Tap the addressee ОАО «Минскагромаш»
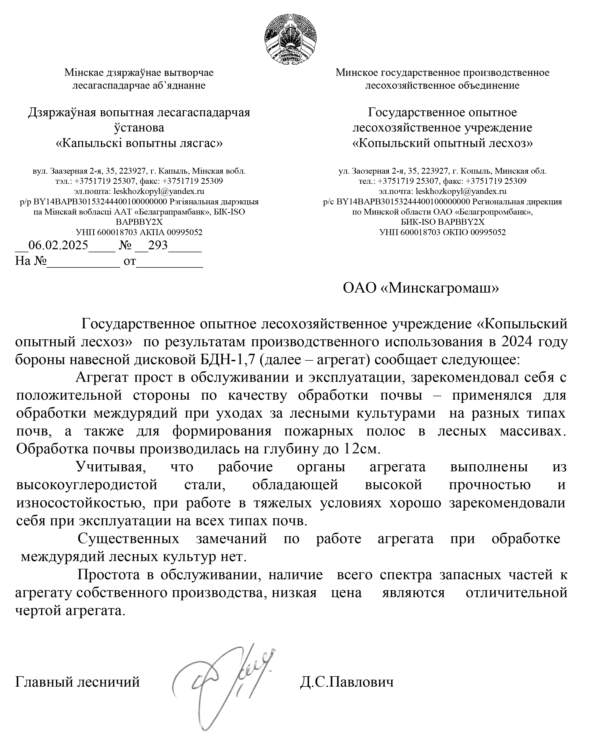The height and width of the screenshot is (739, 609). pos(421,288)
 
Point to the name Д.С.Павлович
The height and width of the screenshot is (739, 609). pos(347,682)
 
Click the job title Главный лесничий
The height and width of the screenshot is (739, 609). pos(78,682)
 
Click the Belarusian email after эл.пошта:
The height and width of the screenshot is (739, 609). pos(159,191)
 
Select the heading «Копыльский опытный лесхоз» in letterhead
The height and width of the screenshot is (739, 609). pos(442,143)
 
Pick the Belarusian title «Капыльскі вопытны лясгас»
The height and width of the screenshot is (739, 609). pos(139,143)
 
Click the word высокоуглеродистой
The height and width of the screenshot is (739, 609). pos(87,485)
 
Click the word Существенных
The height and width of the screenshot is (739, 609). pos(128,539)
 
